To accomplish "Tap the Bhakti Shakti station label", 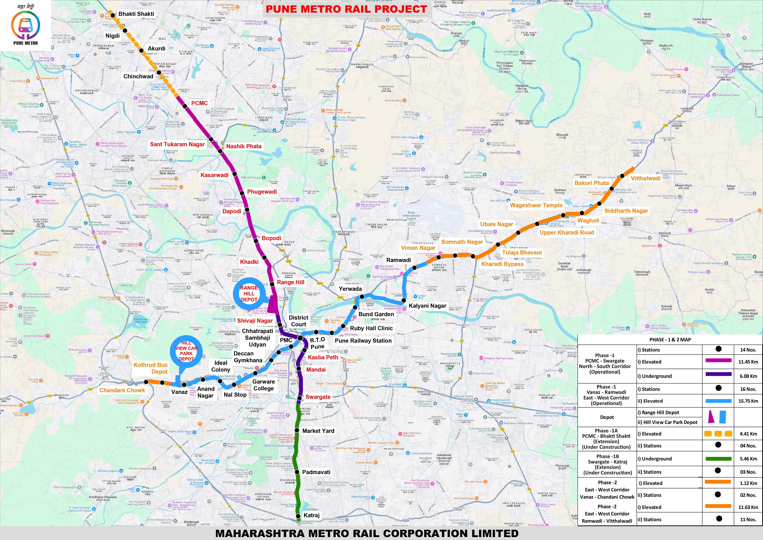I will point(136,14).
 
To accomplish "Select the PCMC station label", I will point(199,103).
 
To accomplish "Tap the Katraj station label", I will point(311,515).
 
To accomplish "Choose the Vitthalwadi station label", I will point(645,178).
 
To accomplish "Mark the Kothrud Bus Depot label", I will point(151,368).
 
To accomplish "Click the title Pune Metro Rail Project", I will point(346,9).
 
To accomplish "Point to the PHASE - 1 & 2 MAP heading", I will point(670,339).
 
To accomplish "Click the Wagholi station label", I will point(588,220).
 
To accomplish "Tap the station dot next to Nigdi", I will point(125,31).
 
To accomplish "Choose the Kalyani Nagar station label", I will point(427,306).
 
